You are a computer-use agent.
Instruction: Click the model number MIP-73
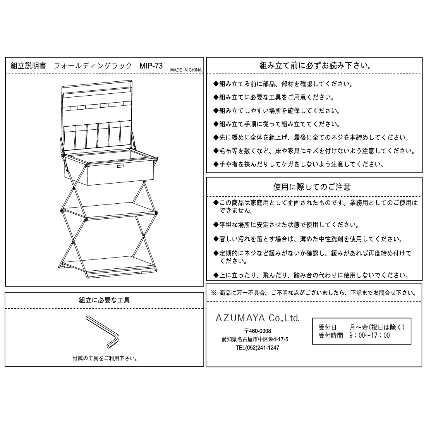tap(151, 66)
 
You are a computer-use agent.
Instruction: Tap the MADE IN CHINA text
tap(186, 70)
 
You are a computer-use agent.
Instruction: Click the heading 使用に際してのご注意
tap(312, 187)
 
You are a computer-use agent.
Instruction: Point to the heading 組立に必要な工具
tap(104, 300)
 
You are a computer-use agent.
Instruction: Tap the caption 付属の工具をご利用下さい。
tap(105, 358)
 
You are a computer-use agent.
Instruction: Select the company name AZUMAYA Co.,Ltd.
tap(258, 318)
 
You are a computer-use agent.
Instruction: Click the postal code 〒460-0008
tap(258, 331)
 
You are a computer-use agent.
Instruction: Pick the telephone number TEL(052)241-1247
tap(257, 348)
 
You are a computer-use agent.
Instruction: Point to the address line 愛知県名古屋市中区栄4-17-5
tap(255, 339)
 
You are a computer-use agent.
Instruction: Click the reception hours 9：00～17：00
tap(369, 335)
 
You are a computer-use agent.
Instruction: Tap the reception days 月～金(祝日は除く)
tap(377, 327)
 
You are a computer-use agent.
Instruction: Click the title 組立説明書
tap(28, 66)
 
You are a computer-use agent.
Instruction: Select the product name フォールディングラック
tap(93, 66)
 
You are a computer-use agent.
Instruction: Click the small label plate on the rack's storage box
tap(120, 166)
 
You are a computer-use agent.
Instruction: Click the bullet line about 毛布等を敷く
tap(314, 151)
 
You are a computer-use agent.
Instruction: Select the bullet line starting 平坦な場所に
tap(286, 225)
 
